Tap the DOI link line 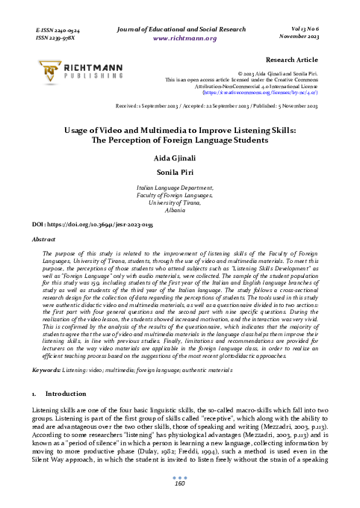coord(81,223)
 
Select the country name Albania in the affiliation coord(179,211)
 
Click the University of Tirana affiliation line coord(179,203)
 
